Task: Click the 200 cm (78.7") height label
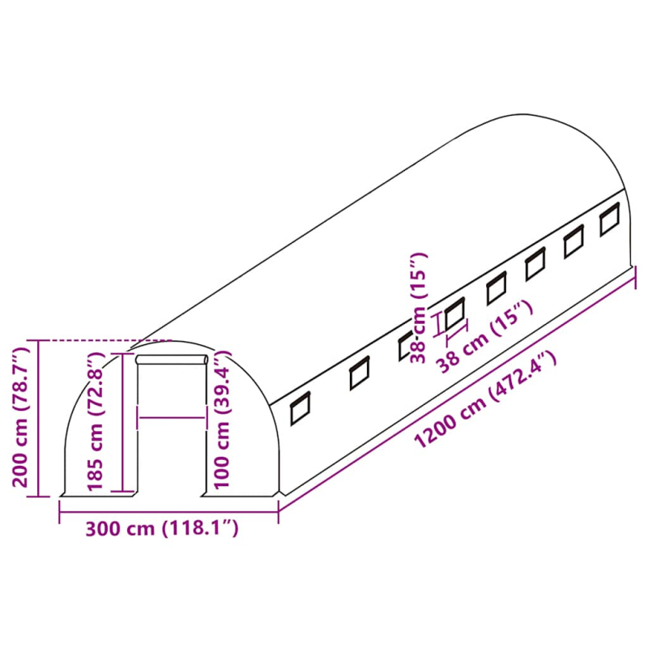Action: [x=20, y=417]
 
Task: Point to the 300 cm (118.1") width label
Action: [x=162, y=530]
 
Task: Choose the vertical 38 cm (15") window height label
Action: [x=419, y=308]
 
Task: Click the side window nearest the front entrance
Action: [x=301, y=406]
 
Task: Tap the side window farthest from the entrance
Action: [x=609, y=220]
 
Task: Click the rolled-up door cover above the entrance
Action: [x=172, y=360]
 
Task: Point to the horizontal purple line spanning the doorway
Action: [x=172, y=418]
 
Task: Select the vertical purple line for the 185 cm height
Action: [x=122, y=421]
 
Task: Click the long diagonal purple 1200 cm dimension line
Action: [x=458, y=389]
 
